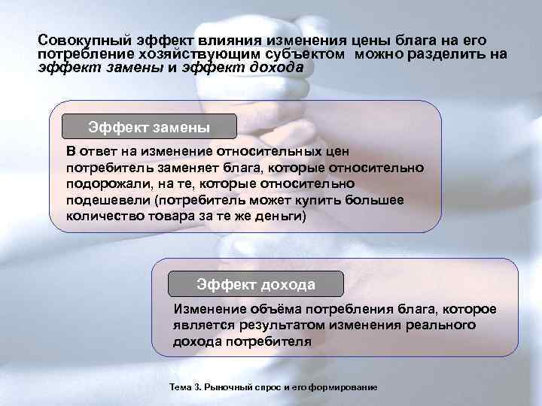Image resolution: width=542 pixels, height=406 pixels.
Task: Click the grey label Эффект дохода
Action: coord(256,284)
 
